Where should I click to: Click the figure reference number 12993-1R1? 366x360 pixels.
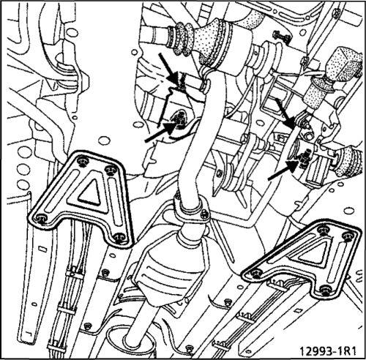click(328, 351)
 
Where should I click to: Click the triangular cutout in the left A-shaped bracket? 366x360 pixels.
click(91, 192)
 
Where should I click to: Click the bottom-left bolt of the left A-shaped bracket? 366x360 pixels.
click(42, 219)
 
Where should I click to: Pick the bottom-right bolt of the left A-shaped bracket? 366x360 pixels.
click(119, 237)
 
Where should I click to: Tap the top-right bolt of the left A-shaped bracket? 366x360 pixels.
click(111, 169)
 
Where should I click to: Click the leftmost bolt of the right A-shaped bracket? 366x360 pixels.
click(256, 274)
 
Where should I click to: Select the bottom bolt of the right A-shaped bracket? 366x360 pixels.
click(325, 290)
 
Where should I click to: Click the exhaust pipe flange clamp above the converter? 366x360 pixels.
click(193, 208)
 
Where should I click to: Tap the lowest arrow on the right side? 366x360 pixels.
click(283, 170)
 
